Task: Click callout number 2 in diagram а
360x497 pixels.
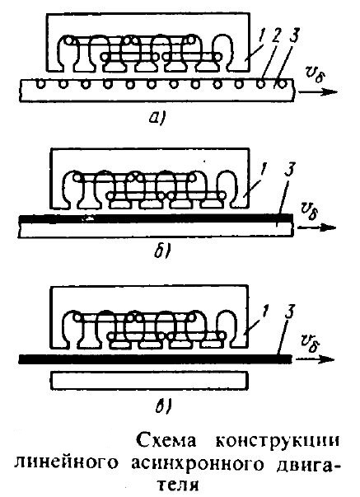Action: pyautogui.click(x=276, y=39)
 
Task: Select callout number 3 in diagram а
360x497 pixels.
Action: pyautogui.click(x=293, y=36)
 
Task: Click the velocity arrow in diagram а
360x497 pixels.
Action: pyautogui.click(x=318, y=92)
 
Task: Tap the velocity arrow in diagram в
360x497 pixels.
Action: pyautogui.click(x=315, y=359)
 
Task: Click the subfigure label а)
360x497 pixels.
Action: pyautogui.click(x=157, y=119)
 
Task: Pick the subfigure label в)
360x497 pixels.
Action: pyautogui.click(x=163, y=406)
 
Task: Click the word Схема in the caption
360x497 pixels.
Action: pyautogui.click(x=166, y=440)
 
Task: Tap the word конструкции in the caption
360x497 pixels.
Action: pyautogui.click(x=278, y=440)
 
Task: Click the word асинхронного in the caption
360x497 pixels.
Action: pyautogui.click(x=198, y=464)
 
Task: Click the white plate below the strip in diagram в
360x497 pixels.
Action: pyautogui.click(x=150, y=381)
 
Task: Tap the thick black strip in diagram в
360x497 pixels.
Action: pyautogui.click(x=155, y=359)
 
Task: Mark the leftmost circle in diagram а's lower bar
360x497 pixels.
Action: pyautogui.click(x=41, y=84)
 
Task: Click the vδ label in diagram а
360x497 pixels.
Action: pyautogui.click(x=315, y=76)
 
